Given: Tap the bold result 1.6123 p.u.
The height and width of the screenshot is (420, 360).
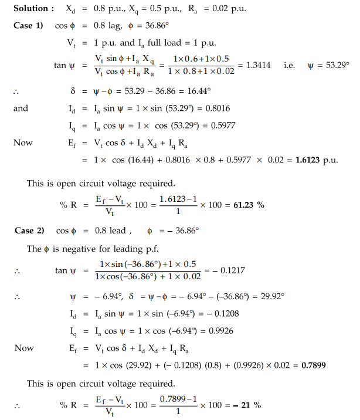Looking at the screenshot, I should point(316,160).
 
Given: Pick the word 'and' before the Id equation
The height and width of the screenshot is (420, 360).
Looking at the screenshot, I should point(21,109).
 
